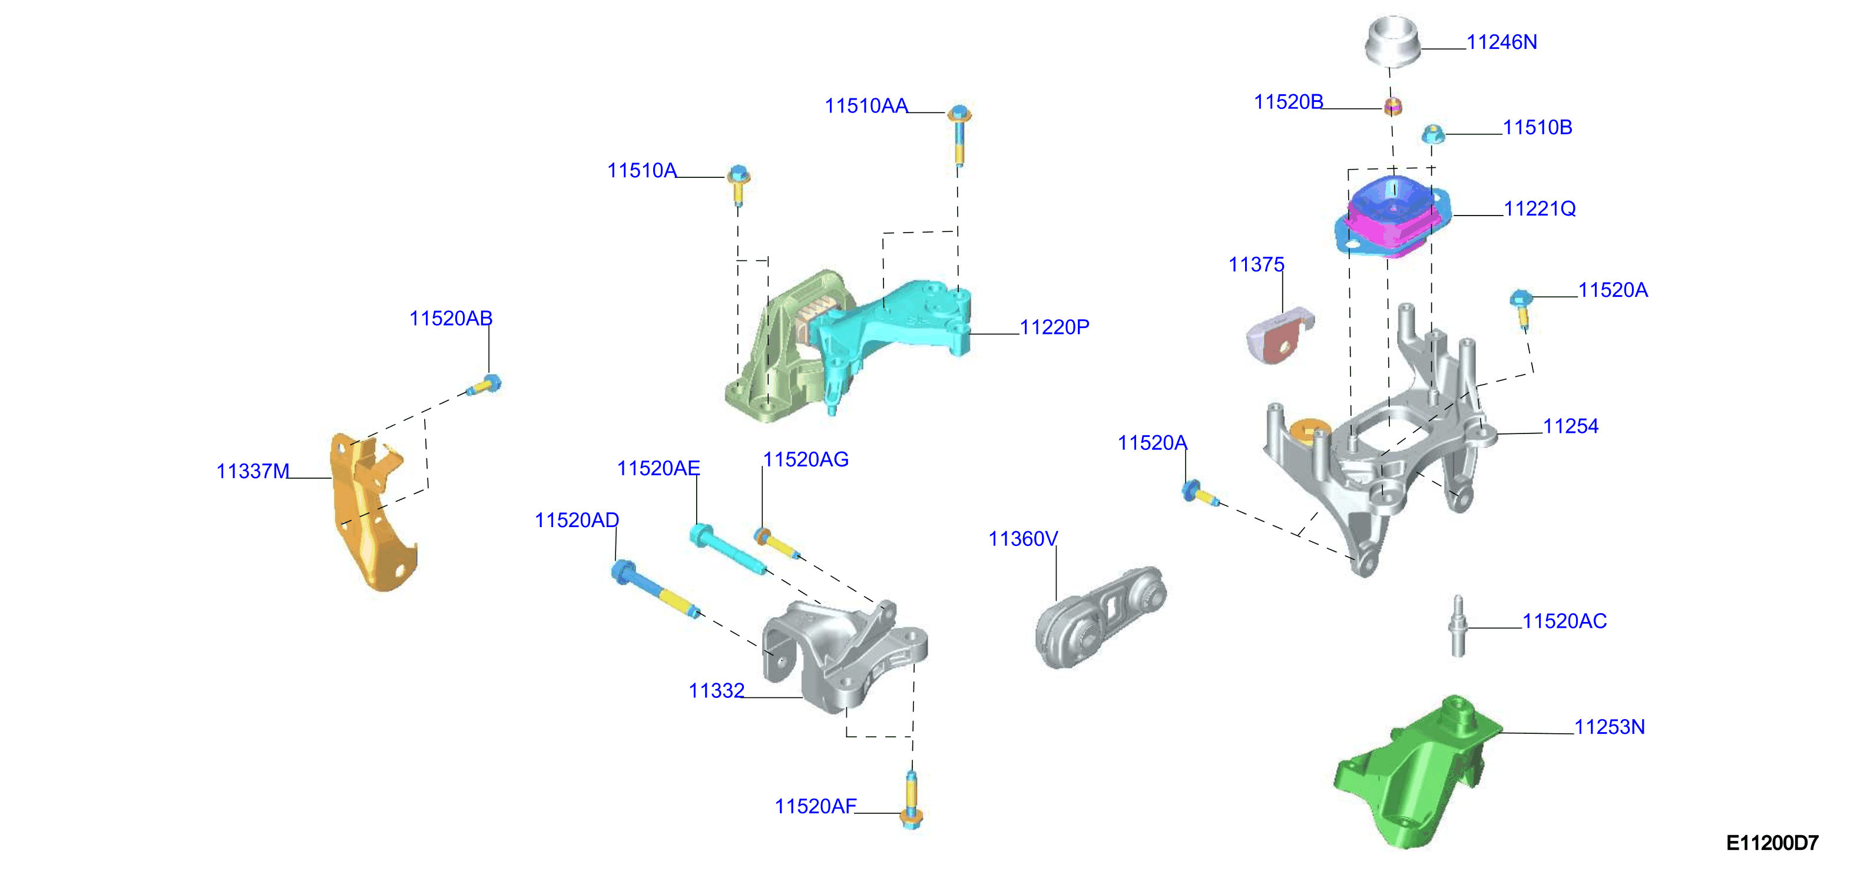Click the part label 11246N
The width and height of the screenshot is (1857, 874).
point(1502,42)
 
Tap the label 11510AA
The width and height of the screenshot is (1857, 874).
point(866,106)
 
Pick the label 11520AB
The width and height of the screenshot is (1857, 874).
point(451,318)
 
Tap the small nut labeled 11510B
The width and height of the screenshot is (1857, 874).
point(1433,134)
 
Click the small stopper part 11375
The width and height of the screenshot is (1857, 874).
point(1280,335)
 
